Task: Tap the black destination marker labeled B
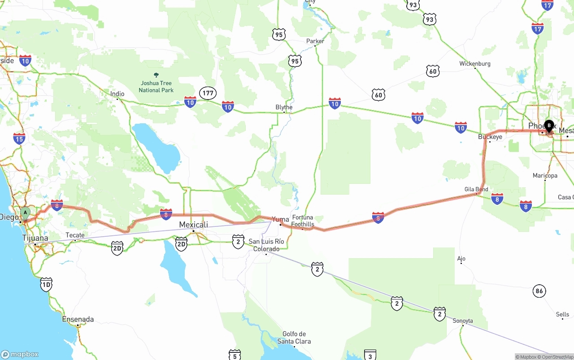click(x=549, y=126)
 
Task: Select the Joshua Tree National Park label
click(x=156, y=87)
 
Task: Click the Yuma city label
click(x=280, y=219)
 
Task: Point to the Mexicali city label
click(x=193, y=225)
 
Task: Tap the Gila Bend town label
click(x=476, y=189)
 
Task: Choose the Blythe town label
click(x=284, y=107)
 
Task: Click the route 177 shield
click(x=208, y=93)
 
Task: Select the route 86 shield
click(x=539, y=291)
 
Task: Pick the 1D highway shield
click(x=46, y=284)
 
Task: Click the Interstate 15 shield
click(x=19, y=139)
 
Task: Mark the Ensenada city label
click(x=78, y=319)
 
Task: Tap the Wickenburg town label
click(x=475, y=64)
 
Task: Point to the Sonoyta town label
click(x=463, y=321)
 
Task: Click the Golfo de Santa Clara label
click(x=294, y=338)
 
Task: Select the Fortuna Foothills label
click(x=303, y=221)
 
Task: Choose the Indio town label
click(x=117, y=94)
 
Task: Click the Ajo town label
click(x=461, y=258)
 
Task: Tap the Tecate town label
click(x=75, y=235)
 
